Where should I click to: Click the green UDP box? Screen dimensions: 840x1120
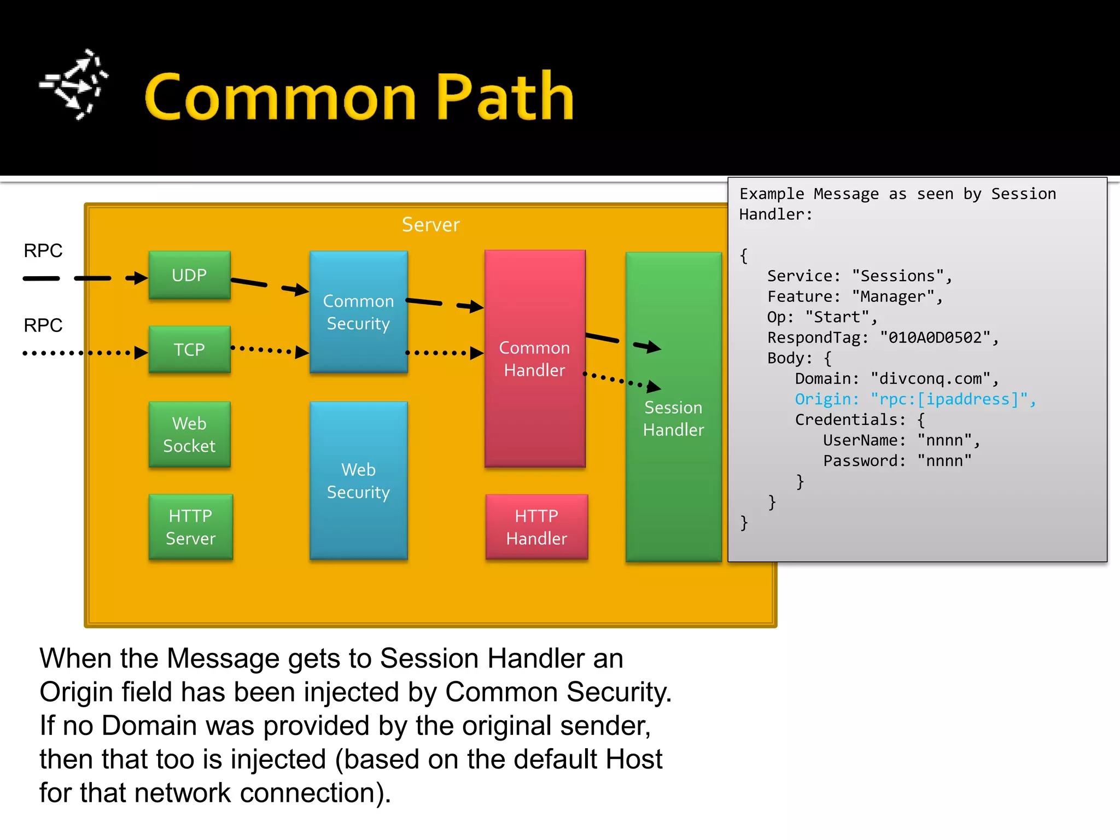point(189,275)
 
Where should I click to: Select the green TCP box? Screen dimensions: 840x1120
point(189,349)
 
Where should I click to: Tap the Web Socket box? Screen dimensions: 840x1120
point(189,434)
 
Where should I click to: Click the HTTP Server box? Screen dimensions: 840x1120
point(190,527)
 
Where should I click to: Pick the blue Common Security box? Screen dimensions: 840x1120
point(358,312)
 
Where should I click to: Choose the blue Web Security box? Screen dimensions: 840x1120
point(358,480)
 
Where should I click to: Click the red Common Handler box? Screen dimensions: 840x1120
point(534,359)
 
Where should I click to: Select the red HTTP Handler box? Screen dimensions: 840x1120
point(536,527)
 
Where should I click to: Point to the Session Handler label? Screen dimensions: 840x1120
point(673,418)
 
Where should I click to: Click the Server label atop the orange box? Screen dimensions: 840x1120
point(431,225)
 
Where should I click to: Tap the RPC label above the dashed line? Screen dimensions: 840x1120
point(43,250)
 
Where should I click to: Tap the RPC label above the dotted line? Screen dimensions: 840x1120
point(43,325)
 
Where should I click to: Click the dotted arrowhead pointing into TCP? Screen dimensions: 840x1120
point(141,353)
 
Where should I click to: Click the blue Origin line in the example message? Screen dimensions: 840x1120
point(914,399)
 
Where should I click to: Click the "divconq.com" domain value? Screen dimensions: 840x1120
point(930,378)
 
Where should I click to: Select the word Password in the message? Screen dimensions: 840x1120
point(861,460)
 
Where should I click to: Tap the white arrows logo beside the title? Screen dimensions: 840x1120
point(74,85)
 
